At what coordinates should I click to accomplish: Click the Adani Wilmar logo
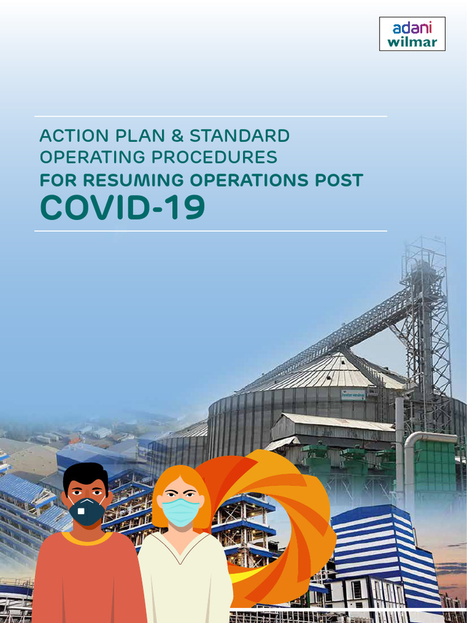[x=412, y=33]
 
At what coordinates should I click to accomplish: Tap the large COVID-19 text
[x=122, y=208]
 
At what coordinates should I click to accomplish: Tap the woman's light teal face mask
[x=181, y=512]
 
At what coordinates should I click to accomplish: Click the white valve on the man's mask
[x=81, y=511]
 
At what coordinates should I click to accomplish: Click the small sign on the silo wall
[x=353, y=395]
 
